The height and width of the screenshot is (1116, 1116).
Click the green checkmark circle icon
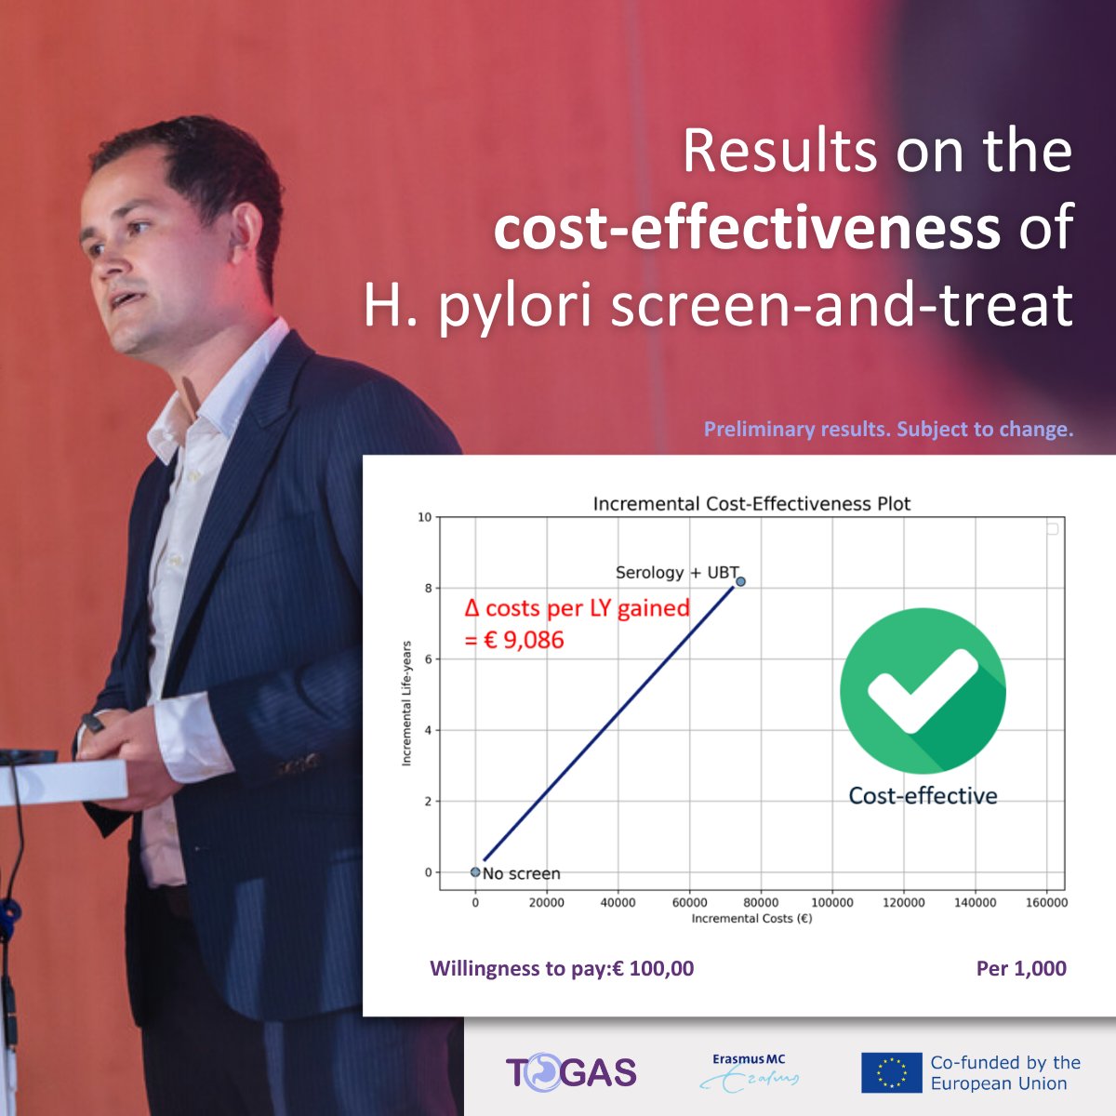point(922,690)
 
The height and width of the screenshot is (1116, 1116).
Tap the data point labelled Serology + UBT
point(740,581)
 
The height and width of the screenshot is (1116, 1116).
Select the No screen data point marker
point(475,872)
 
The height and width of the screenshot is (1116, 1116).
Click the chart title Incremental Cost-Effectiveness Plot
point(751,503)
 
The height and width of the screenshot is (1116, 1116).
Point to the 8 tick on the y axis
point(428,588)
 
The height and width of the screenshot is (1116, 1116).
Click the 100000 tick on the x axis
point(831,902)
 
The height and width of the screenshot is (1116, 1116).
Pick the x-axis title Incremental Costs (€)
point(751,919)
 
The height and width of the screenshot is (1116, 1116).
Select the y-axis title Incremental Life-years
point(406,703)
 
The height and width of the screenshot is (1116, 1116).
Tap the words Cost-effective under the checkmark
point(923,796)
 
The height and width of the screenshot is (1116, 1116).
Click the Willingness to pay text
point(562,968)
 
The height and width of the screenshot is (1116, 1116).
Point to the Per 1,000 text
point(1021,968)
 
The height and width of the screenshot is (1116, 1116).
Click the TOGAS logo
point(571,1072)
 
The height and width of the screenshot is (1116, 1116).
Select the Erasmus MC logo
point(749,1071)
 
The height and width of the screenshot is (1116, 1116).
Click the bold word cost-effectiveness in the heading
point(747,228)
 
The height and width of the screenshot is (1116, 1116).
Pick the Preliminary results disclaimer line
point(888,430)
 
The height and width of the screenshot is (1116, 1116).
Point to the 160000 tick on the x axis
point(1045,902)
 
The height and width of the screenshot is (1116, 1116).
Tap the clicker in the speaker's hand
point(94,723)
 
